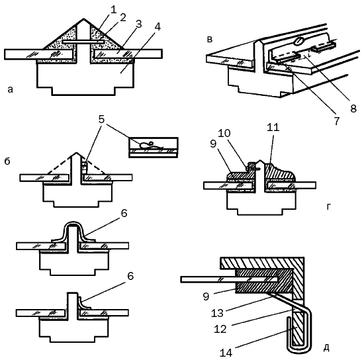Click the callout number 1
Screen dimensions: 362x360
(x=113, y=10)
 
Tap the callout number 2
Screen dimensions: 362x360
(x=123, y=18)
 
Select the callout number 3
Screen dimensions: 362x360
(x=138, y=24)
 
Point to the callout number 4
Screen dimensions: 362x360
(x=158, y=27)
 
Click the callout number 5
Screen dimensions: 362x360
(x=101, y=119)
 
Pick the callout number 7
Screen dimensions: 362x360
(x=337, y=120)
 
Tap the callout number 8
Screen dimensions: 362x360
(x=353, y=108)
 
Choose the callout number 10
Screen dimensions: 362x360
(x=224, y=133)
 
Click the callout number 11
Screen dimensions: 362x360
(x=273, y=127)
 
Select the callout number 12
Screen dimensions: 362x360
(x=220, y=329)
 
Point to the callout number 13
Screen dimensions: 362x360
(x=217, y=313)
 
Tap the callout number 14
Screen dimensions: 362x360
(x=226, y=353)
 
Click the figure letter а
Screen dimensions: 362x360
(x=10, y=89)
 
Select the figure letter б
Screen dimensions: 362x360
(x=7, y=161)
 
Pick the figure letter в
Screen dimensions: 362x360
(x=210, y=40)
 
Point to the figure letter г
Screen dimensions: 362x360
(x=329, y=207)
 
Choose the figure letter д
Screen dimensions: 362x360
(x=326, y=348)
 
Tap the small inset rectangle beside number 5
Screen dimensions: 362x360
(x=154, y=148)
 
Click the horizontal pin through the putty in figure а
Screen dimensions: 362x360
(x=83, y=42)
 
